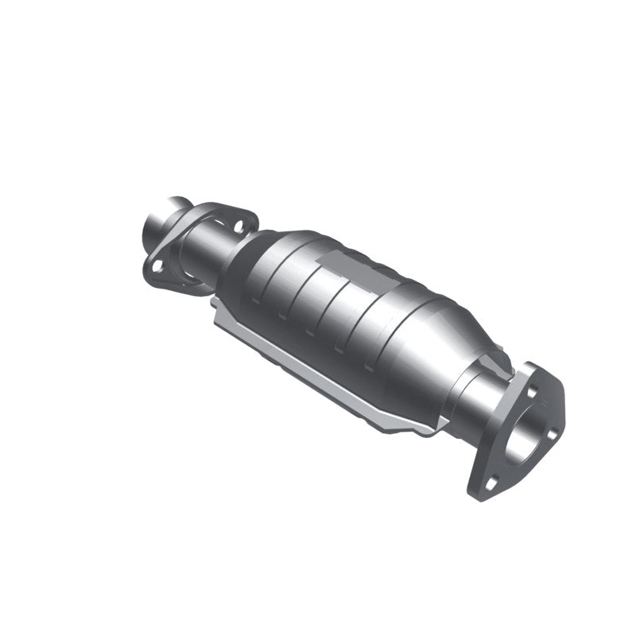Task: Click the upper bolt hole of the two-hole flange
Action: tap(238, 227)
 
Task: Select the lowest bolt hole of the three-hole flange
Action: tap(493, 481)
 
